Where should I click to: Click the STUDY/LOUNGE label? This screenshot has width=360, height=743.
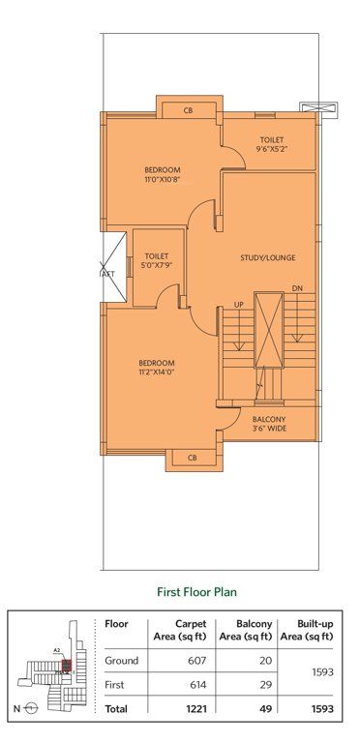click(268, 257)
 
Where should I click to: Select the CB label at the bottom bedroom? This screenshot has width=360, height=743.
click(192, 457)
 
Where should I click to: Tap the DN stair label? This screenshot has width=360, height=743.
click(296, 288)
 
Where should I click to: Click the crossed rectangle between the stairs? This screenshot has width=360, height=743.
click(267, 329)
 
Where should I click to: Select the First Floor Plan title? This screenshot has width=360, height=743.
click(197, 589)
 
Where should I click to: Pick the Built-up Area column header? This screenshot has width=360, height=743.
click(309, 630)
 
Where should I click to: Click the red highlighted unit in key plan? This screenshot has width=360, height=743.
click(66, 665)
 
